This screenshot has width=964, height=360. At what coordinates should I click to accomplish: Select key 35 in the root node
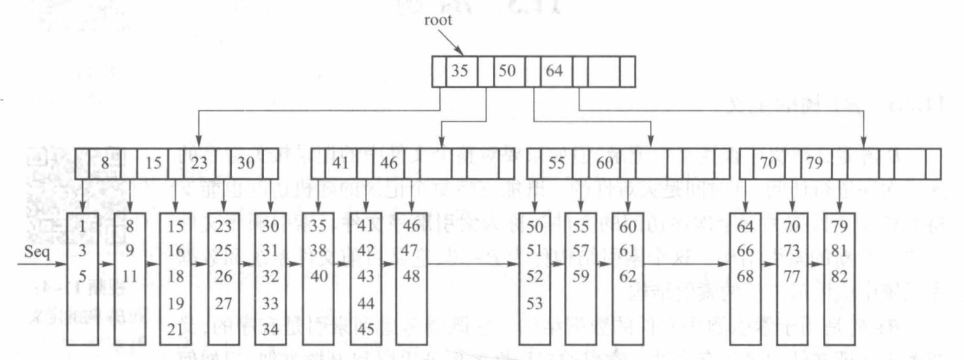click(459, 71)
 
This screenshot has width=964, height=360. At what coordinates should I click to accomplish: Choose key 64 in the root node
click(555, 71)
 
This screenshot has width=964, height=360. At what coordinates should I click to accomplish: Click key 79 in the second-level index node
click(815, 163)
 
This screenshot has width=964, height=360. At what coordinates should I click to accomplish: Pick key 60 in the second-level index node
click(604, 163)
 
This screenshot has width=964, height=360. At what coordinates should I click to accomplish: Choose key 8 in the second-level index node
click(105, 163)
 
